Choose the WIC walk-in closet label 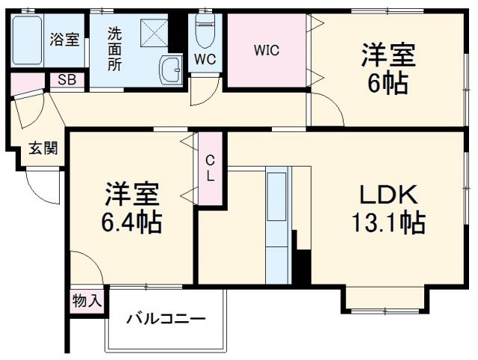click(x=266, y=51)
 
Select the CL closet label click(x=211, y=168)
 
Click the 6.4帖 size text click(x=133, y=223)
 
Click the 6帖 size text click(x=388, y=84)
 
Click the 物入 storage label click(x=87, y=301)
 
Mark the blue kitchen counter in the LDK click(x=277, y=224)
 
